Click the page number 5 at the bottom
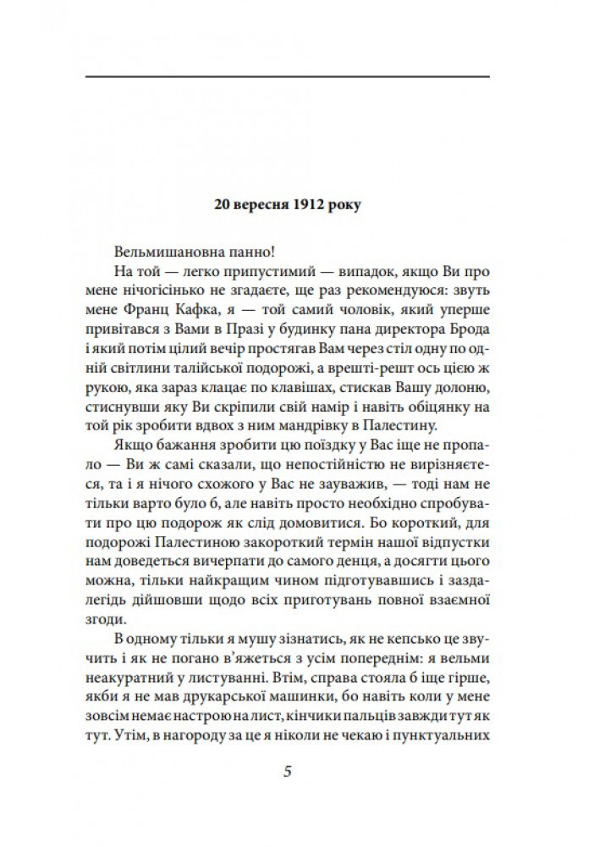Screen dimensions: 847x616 tap(288, 772)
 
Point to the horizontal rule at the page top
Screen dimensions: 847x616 tap(288, 77)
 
